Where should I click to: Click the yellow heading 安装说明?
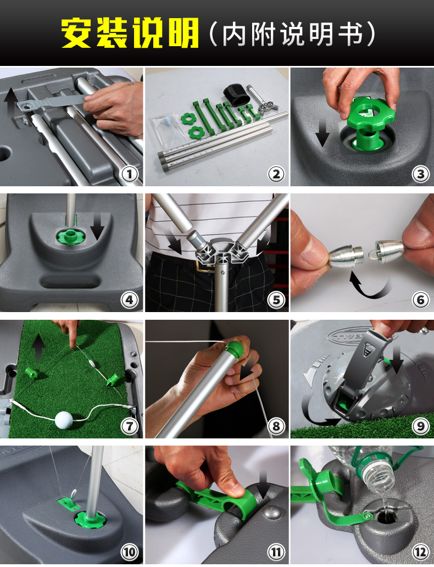pos(130,33)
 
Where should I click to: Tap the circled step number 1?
pos(130,174)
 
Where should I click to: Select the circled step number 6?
pos(420,300)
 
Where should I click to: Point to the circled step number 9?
pos(420,426)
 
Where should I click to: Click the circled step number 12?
pos(420,552)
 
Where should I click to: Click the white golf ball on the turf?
pos(64,420)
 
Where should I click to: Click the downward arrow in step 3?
pos(322,134)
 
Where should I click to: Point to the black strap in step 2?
pos(237,94)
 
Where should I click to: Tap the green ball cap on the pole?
pos(235,348)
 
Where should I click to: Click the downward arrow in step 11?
pos(264,485)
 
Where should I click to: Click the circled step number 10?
pos(130,552)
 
